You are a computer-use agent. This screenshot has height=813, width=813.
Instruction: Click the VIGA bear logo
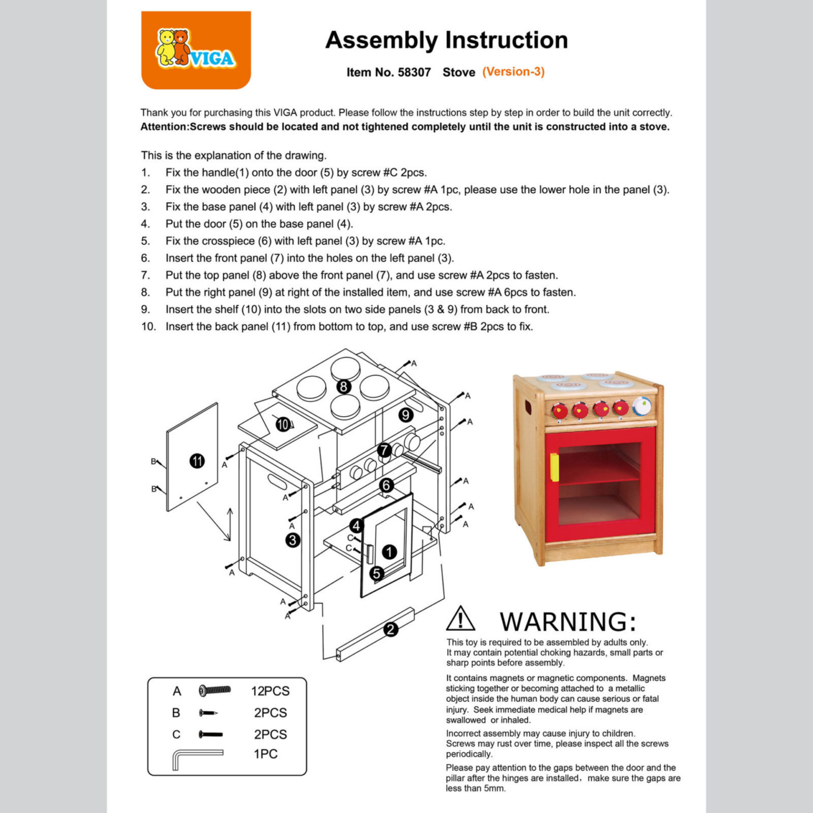point(196,50)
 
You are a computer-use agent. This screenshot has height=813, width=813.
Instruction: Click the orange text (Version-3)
point(513,72)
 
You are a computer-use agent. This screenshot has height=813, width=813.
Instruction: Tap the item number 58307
point(414,72)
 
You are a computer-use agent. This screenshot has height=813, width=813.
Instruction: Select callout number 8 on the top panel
point(344,386)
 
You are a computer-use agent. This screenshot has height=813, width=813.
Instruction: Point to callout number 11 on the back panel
point(197,461)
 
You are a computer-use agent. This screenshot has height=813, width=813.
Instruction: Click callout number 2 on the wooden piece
point(391,630)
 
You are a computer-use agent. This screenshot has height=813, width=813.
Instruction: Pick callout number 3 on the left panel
point(293,540)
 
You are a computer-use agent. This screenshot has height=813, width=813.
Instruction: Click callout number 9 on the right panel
point(406,415)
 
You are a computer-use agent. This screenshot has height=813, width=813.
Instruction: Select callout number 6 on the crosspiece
point(386,486)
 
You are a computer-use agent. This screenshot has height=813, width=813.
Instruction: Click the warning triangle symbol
point(461,619)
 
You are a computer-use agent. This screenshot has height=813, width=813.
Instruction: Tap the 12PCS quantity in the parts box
point(270,691)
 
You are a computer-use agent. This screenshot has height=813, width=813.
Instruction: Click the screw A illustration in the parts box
point(215,690)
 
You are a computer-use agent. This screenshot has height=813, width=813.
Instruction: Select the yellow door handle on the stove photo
point(554,467)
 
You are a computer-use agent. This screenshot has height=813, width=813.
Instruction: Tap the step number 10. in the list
point(148,326)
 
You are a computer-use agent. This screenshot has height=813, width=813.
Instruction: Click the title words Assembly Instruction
point(446,40)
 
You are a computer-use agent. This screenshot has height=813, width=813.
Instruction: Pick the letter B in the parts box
point(176,713)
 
